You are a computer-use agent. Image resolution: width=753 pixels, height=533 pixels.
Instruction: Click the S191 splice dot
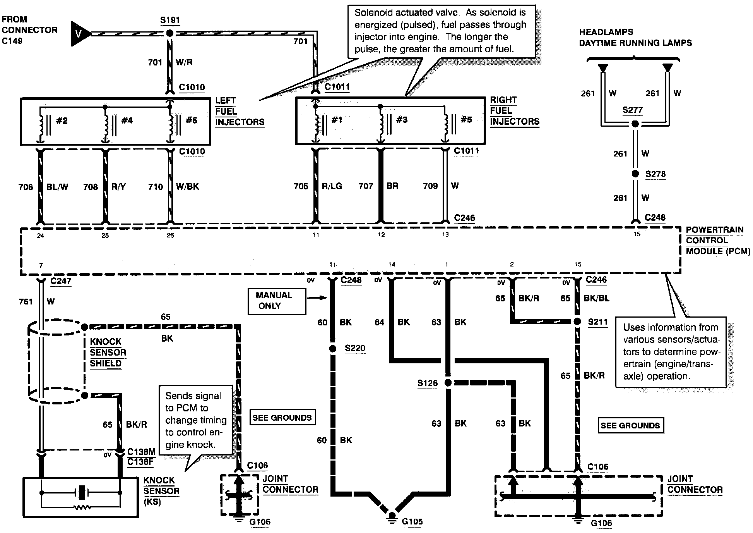click(169, 33)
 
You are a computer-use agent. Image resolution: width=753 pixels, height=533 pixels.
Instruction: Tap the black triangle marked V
click(79, 34)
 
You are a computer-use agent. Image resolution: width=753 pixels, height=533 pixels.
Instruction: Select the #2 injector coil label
click(62, 121)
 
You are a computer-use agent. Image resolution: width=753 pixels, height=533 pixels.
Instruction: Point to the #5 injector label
click(466, 120)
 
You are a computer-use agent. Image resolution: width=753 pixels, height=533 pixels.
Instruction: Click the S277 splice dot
click(635, 124)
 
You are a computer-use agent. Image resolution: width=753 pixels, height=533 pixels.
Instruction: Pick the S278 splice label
click(655, 174)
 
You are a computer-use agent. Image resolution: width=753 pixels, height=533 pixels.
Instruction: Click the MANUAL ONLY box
click(277, 300)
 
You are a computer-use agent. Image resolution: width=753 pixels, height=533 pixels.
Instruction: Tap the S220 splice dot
click(332, 349)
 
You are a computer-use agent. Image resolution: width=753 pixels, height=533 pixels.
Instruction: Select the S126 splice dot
click(448, 383)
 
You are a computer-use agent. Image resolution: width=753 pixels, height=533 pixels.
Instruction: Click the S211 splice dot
click(577, 322)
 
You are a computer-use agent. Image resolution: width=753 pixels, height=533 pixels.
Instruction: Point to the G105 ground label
click(412, 521)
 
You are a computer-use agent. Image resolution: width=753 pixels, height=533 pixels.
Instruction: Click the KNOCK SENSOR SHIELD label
click(108, 352)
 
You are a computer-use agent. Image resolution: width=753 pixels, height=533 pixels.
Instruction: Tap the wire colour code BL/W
click(57, 187)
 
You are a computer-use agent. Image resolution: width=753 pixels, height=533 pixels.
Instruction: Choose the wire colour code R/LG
click(332, 186)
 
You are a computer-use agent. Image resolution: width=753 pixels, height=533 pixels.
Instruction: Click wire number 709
click(430, 186)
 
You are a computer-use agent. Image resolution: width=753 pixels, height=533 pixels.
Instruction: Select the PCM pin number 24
click(40, 236)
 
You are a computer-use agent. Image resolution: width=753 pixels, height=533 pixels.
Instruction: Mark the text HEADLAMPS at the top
click(606, 32)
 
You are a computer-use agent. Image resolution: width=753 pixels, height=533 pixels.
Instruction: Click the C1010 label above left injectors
click(192, 87)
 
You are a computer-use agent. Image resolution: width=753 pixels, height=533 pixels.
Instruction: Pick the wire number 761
click(26, 301)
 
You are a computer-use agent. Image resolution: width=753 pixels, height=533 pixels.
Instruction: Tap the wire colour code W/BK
click(187, 187)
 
